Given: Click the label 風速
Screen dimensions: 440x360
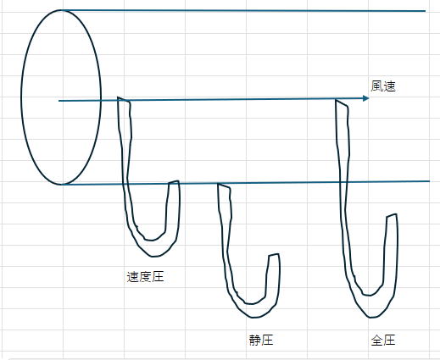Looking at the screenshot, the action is tap(383, 86).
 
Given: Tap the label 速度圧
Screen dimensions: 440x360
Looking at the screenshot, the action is tap(145, 277).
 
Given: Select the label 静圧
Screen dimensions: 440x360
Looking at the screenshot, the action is tap(261, 340).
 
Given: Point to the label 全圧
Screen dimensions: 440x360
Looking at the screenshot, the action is tap(383, 340).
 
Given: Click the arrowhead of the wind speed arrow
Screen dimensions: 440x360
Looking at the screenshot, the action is tap(366, 98).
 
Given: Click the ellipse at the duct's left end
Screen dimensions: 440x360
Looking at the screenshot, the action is tap(21, 97).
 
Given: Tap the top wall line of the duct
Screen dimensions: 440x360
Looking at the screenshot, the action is tap(243, 10).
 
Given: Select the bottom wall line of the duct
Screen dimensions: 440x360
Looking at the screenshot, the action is tap(246, 183).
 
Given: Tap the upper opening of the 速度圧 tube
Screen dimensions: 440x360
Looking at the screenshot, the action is tap(124, 99).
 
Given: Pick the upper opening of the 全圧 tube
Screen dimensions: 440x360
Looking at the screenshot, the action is tap(342, 102).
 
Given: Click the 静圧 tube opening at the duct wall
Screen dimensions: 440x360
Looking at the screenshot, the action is tap(225, 186).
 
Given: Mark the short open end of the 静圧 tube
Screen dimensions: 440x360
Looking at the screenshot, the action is tap(274, 255).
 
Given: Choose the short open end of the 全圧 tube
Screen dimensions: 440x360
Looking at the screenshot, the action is tap(392, 215).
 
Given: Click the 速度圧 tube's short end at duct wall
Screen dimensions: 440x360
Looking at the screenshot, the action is tap(174, 182).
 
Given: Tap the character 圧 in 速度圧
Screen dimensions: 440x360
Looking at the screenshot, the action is tap(159, 277).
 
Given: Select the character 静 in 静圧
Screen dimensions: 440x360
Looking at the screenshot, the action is tap(254, 340).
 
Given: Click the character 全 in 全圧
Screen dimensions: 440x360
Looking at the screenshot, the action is tap(376, 340).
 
